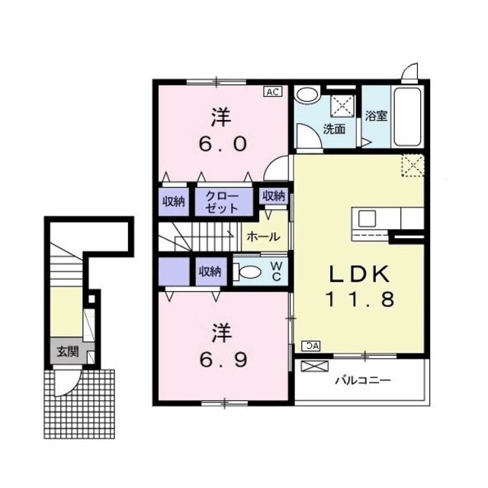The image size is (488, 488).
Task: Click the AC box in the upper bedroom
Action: [x=273, y=92]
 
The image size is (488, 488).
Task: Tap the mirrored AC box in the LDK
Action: [x=311, y=346]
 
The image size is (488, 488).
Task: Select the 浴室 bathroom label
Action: [x=376, y=116]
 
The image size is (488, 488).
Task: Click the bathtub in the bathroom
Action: [x=407, y=117]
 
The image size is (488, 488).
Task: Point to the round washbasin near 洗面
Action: [x=307, y=95]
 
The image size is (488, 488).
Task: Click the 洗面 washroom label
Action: [x=334, y=129]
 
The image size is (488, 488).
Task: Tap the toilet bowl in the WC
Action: [x=250, y=272]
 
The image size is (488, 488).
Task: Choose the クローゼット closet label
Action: [x=222, y=202]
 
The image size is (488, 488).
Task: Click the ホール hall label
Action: [x=263, y=238]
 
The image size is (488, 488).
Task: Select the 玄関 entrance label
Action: [x=68, y=352]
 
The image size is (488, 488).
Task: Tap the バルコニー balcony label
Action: [x=363, y=380]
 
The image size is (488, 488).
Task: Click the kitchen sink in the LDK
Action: [x=367, y=218]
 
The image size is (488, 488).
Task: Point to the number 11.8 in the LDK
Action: [x=360, y=299]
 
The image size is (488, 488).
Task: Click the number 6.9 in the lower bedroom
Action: [x=223, y=360]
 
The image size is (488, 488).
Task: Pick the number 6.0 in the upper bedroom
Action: [x=223, y=144]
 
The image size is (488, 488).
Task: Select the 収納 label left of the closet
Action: [x=174, y=202]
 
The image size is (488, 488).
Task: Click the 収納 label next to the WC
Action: [x=210, y=271]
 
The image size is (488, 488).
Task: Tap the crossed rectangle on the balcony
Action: [x=315, y=366]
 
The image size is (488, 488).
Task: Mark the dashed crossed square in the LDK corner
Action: [x=413, y=166]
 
